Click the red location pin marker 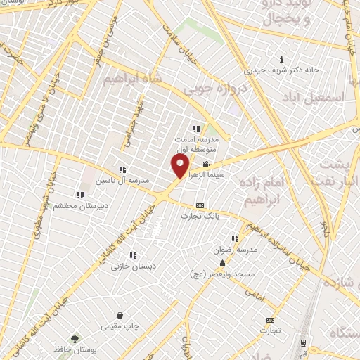pos(180,166)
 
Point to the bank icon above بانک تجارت pos(200,205)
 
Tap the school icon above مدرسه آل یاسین pos(122,169)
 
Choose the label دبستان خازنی pos(134,266)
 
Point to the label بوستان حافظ pos(75,349)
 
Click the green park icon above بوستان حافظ pos(75,338)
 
